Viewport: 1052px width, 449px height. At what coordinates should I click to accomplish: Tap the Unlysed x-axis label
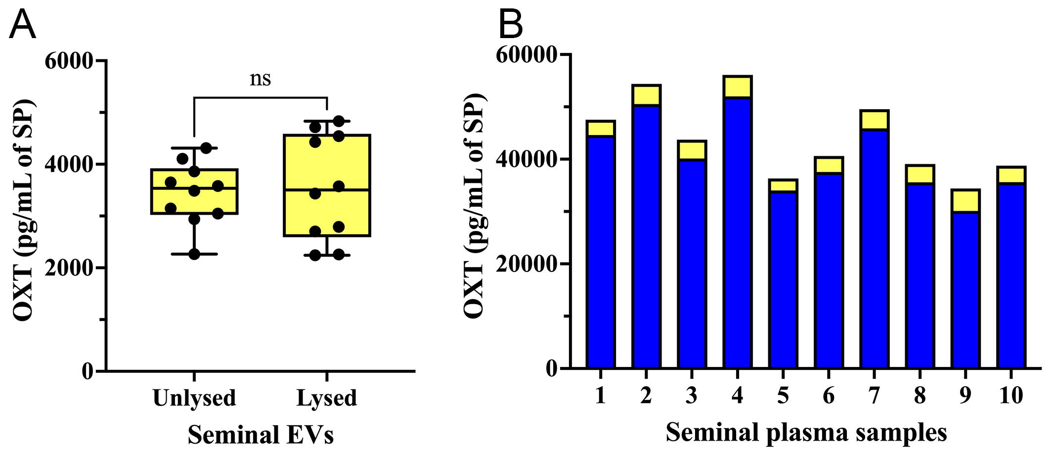[194, 398]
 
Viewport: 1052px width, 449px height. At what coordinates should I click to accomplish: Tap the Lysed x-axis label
[327, 398]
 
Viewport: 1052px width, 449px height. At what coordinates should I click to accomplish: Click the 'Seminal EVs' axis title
[261, 435]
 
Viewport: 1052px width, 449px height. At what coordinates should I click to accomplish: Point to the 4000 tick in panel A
[69, 165]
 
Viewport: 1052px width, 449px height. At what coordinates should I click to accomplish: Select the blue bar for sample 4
[737, 232]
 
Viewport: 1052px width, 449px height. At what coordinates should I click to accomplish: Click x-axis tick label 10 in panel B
[1011, 396]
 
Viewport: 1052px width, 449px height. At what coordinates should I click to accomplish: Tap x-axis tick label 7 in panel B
[874, 396]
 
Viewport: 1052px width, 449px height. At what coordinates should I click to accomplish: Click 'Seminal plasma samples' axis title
[806, 432]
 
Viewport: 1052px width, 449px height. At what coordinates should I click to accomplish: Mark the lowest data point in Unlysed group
[194, 254]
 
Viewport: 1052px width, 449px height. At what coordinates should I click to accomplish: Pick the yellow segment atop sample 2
[646, 95]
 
